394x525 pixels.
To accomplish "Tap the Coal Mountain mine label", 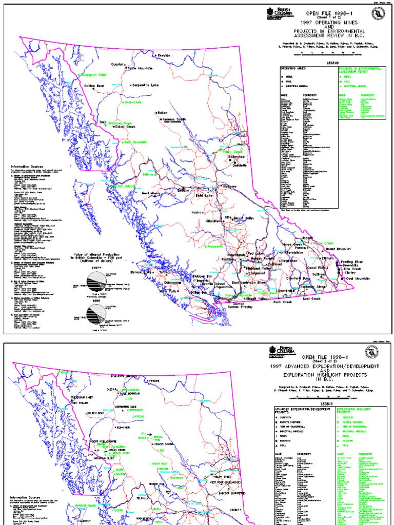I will click(358, 278).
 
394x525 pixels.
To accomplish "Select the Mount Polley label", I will click(246, 218).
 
